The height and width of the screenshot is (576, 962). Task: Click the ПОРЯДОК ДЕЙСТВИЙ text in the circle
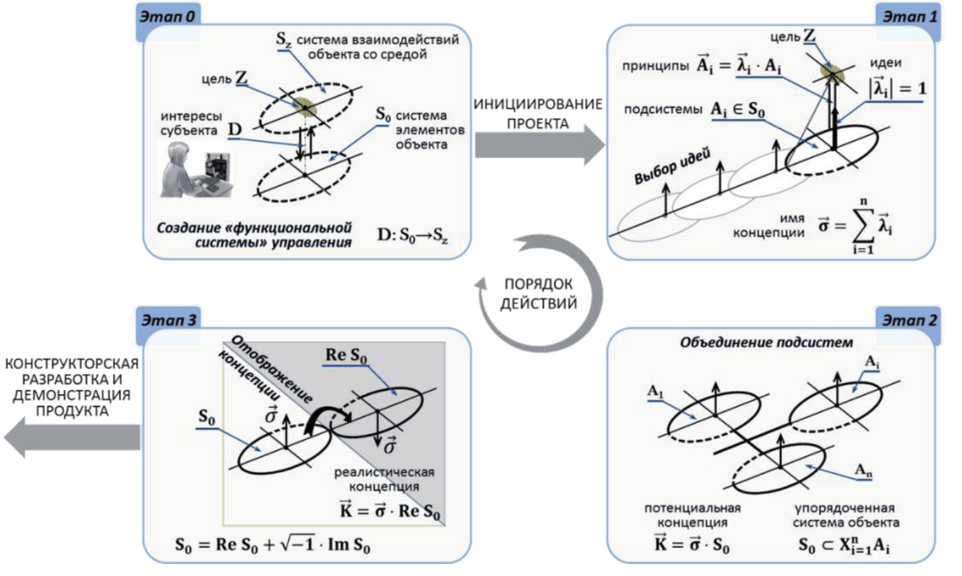(x=539, y=294)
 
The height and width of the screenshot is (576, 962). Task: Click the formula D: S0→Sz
(x=412, y=236)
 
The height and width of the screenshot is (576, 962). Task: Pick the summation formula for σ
(x=855, y=226)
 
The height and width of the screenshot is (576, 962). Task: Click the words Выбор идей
(x=672, y=166)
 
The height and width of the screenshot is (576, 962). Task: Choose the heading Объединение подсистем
(x=766, y=343)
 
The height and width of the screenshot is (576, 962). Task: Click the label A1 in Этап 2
(x=655, y=392)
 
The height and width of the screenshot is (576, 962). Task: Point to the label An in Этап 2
(x=863, y=470)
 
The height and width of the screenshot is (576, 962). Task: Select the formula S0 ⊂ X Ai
(x=844, y=545)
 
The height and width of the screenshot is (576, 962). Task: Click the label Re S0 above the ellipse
(x=346, y=355)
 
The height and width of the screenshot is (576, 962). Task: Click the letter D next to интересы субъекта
(x=235, y=130)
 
